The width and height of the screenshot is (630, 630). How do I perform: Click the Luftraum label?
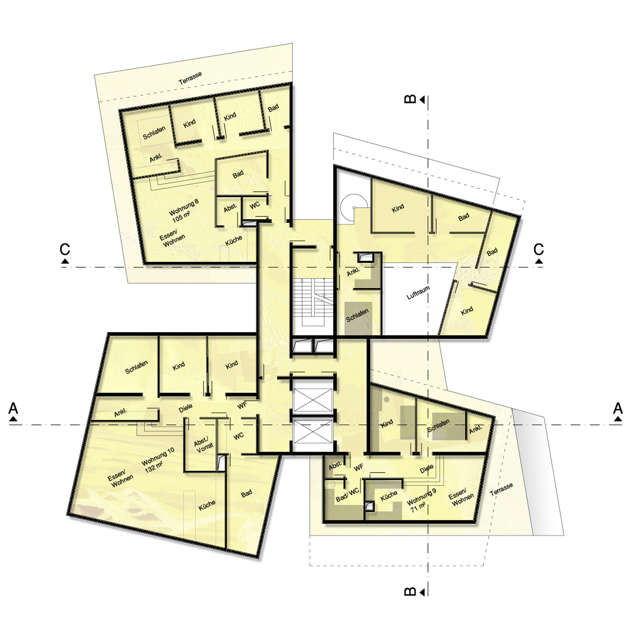418,293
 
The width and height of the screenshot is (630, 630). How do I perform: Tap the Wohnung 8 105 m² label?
183,210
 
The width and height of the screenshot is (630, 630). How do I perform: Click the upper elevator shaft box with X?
313,400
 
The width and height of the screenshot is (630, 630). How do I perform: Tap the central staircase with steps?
313,302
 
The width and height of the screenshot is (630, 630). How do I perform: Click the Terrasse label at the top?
190,78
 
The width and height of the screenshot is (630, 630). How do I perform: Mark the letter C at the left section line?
65,249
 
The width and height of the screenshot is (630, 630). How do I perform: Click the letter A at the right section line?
617,408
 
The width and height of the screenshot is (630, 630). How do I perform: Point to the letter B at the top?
410,98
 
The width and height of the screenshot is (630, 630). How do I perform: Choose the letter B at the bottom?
410,591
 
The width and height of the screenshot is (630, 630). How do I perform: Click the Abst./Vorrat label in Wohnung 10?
204,445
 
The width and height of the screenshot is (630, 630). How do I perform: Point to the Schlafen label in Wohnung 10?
137,367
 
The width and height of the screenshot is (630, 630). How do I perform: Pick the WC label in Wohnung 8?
255,205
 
